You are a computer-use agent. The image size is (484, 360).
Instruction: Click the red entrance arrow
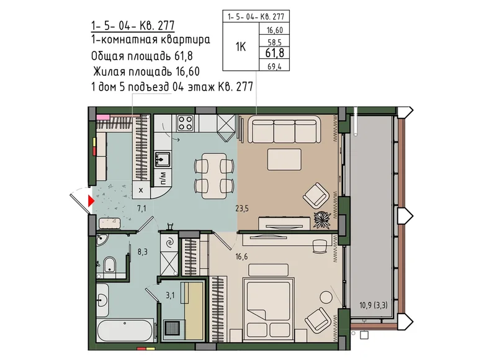91,200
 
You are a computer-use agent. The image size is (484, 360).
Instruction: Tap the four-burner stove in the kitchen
185,122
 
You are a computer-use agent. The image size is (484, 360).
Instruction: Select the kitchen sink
163,159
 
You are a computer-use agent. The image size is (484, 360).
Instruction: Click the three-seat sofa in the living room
284,129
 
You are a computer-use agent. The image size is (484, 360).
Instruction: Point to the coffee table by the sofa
284,160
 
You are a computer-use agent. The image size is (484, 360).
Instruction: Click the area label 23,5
242,209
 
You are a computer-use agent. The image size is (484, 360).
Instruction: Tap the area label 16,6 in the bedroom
241,256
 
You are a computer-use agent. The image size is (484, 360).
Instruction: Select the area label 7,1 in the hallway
141,209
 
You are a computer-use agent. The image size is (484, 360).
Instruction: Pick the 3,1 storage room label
170,295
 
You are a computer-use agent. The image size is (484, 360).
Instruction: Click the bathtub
125,330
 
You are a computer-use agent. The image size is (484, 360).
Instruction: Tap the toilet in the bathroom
109,264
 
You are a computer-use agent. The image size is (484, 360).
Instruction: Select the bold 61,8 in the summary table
275,53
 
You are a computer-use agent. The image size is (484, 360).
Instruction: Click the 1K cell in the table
241,47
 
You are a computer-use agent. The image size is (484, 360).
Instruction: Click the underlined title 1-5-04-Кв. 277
133,26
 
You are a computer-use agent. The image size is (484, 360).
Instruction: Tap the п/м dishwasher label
163,178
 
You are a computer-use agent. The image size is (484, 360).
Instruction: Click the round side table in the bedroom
326,297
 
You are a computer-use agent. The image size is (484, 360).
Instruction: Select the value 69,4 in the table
274,66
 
